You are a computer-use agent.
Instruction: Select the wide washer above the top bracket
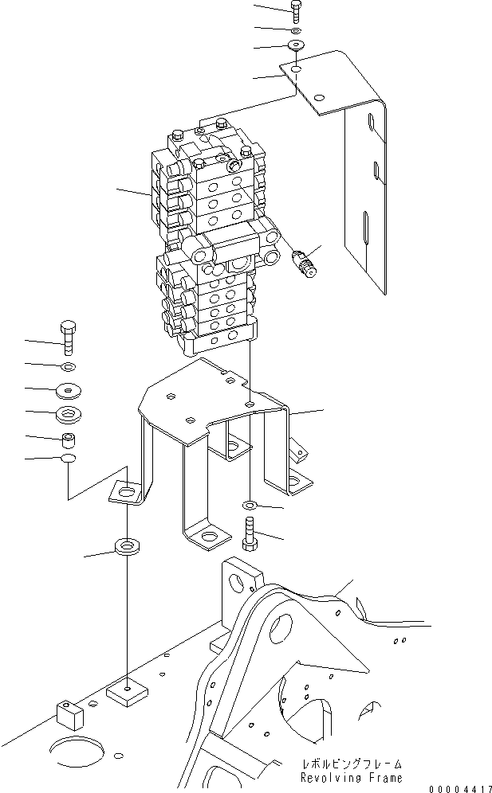pos(297,45)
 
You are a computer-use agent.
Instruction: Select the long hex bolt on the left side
pos(68,338)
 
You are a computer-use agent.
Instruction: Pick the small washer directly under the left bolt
pos(68,366)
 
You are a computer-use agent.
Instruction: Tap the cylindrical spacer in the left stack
pos(68,439)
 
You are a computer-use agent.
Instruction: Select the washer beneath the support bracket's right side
pos(250,506)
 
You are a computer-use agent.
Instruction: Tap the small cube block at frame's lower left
pos(69,714)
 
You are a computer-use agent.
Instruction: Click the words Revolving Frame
pos(352,777)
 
